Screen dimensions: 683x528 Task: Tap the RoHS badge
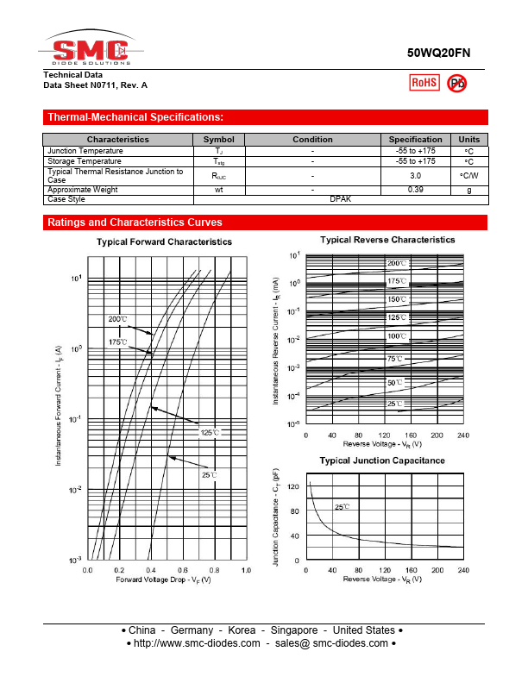424,83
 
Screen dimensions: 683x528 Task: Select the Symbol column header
218,140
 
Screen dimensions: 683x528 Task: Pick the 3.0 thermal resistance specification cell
415,175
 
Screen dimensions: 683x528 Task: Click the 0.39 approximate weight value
415,190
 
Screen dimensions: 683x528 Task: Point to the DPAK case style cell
340,199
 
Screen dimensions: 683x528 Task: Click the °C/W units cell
468,175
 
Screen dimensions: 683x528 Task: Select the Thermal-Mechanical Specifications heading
135,117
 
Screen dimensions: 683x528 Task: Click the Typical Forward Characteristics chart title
164,242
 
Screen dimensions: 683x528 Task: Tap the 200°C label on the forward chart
118,320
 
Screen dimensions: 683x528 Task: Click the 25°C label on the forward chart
210,474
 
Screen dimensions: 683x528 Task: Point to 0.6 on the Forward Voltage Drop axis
182,571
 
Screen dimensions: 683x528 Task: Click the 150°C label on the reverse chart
397,299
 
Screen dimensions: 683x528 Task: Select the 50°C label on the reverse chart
395,382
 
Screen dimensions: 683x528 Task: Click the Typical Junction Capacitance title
382,461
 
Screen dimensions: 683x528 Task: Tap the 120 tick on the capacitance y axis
293,486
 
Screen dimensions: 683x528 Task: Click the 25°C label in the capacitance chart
342,507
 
